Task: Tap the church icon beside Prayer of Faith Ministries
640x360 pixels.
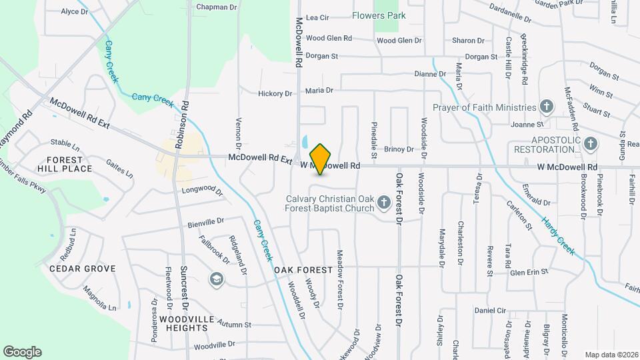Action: (x=546, y=107)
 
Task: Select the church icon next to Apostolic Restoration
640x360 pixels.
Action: (x=589, y=143)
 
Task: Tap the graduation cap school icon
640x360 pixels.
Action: (x=217, y=279)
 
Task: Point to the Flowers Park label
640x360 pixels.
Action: (x=379, y=15)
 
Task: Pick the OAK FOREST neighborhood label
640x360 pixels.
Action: (x=303, y=270)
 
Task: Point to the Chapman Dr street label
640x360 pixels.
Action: (x=217, y=7)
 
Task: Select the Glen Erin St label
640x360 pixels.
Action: (x=528, y=272)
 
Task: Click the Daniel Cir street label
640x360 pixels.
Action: (x=491, y=311)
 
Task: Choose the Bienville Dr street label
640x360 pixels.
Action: (x=205, y=220)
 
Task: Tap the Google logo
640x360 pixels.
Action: (x=22, y=351)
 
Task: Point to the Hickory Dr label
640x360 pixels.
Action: (x=275, y=94)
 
